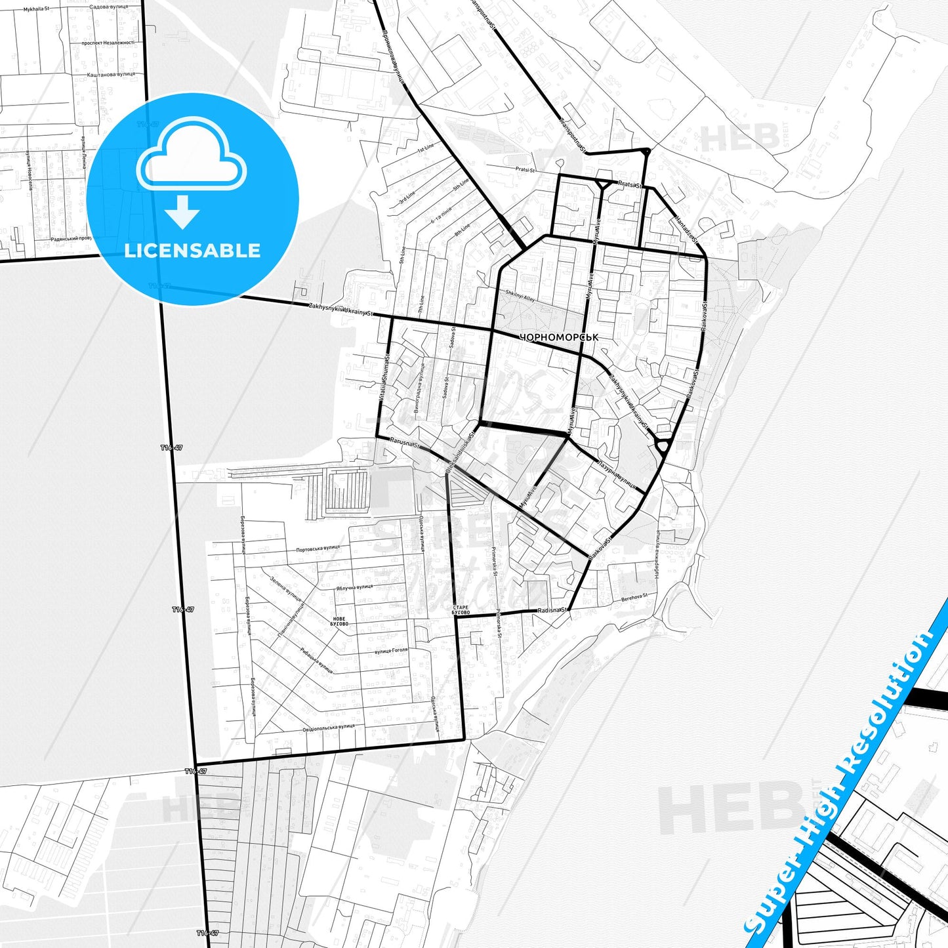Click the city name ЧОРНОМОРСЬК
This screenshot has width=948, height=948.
tap(558, 337)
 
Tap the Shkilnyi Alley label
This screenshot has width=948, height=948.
tap(520, 297)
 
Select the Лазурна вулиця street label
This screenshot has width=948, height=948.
tap(616, 475)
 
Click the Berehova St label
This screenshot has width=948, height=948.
tap(634, 597)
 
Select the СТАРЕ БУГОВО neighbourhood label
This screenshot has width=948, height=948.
tap(461, 610)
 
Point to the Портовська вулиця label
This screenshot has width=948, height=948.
tap(318, 548)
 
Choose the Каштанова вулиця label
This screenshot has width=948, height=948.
tap(111, 74)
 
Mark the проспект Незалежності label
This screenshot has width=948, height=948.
tap(108, 43)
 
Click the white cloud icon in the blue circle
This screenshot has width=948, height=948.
tap(191, 155)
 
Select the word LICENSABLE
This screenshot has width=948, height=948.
tap(192, 251)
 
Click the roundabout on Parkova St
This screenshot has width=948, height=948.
tap(662, 447)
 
